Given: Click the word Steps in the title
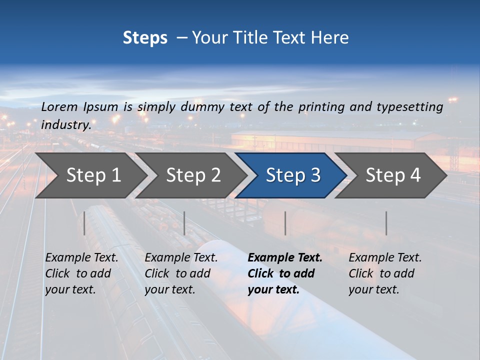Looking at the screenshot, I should click(x=145, y=38).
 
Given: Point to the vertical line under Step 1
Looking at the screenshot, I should click(x=84, y=223).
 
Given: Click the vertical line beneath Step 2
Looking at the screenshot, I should click(x=184, y=223).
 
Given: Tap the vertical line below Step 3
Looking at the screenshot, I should click(x=285, y=223).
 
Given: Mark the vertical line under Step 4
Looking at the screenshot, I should click(x=386, y=223).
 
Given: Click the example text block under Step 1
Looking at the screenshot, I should click(x=81, y=273).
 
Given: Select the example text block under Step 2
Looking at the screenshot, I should click(x=181, y=273).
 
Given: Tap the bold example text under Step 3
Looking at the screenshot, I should click(x=285, y=273).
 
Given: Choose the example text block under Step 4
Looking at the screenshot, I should click(x=385, y=273).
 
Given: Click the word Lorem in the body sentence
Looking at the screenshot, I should click(x=59, y=106).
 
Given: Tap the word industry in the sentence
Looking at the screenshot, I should click(x=65, y=125).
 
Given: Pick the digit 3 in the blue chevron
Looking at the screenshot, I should click(x=315, y=175).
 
